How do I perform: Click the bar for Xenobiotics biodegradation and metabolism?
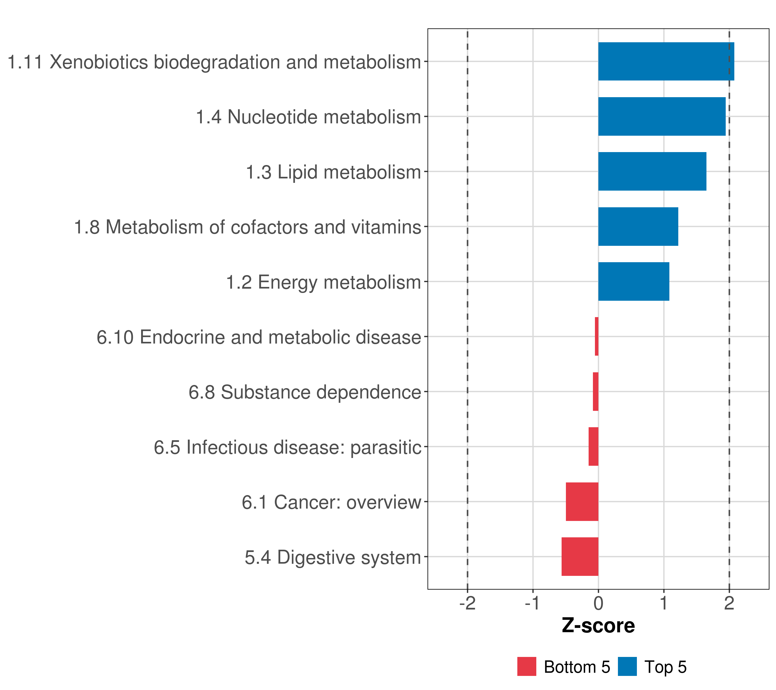[x=666, y=62]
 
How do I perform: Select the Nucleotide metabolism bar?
[x=662, y=117]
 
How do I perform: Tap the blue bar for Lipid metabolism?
[x=652, y=172]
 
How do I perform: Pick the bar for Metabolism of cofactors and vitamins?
[x=638, y=227]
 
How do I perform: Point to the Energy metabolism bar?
[x=633, y=281]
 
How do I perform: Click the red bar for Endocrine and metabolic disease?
[x=596, y=336]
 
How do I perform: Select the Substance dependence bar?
[x=595, y=392]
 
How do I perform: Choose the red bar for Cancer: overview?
[x=582, y=502]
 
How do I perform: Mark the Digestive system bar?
[x=580, y=557]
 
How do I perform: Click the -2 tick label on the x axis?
[x=467, y=603]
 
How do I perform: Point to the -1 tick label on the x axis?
[x=533, y=603]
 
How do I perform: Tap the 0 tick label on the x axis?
[x=598, y=603]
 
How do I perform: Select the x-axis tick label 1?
[x=664, y=603]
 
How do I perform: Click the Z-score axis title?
[x=598, y=626]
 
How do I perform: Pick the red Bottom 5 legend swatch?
[x=527, y=666]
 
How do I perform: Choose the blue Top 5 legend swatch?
[x=627, y=666]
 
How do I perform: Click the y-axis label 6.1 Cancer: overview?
[x=331, y=502]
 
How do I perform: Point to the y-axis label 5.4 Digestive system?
[x=333, y=557]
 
